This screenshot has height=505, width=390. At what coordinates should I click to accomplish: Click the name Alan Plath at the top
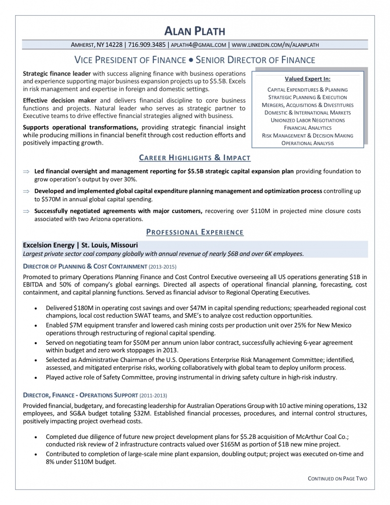coord(195,31)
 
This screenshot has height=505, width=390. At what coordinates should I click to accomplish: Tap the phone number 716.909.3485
coord(146,45)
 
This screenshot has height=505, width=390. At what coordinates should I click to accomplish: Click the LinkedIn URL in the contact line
coord(275,45)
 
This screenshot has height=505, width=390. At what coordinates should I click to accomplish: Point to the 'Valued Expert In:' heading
coord(307,79)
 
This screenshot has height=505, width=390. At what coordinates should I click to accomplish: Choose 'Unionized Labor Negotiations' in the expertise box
coord(307,120)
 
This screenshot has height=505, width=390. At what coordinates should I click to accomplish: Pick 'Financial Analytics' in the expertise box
coord(307,128)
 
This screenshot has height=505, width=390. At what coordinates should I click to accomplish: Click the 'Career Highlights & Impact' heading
coord(195,158)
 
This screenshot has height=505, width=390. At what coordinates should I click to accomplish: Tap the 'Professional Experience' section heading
coord(195,232)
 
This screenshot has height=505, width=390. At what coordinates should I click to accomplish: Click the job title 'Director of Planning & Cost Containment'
coord(85,266)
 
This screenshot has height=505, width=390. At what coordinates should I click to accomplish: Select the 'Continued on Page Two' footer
coord(337,478)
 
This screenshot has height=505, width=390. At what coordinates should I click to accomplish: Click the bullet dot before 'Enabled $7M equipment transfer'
coord(36,326)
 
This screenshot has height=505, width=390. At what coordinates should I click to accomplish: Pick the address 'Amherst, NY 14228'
coord(98,45)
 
